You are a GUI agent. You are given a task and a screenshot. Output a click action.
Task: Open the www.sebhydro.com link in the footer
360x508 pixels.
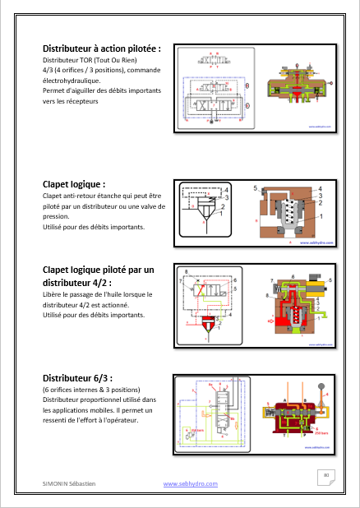[x=191, y=484]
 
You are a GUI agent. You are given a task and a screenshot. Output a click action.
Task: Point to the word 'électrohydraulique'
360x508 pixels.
[x=72, y=81]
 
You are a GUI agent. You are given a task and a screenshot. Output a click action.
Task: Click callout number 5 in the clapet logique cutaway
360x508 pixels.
[x=256, y=189]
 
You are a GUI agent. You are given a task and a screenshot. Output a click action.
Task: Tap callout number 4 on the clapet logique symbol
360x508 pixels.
[x=226, y=190]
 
